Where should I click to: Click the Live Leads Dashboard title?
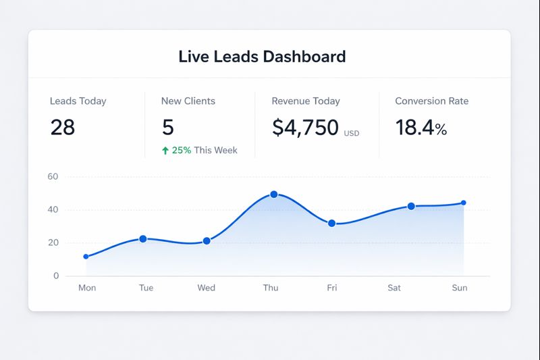(x=262, y=56)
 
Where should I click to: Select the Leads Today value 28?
(x=63, y=127)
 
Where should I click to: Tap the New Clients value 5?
(x=168, y=127)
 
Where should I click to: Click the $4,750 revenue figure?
(x=305, y=127)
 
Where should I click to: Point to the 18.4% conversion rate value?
(x=421, y=127)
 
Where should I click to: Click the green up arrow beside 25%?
(x=165, y=151)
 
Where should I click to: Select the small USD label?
(x=352, y=134)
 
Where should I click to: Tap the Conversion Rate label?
(x=431, y=101)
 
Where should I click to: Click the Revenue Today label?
(x=305, y=101)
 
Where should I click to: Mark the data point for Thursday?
(x=273, y=195)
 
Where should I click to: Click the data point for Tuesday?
(x=143, y=239)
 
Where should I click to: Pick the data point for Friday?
(x=331, y=224)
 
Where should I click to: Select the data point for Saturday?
(x=411, y=207)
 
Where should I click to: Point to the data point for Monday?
(x=86, y=257)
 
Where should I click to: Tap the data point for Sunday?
(x=463, y=203)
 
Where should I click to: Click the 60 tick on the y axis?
(x=53, y=177)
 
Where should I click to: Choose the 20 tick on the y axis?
(x=53, y=243)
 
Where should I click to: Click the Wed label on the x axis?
(x=206, y=288)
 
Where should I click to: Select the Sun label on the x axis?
(x=459, y=288)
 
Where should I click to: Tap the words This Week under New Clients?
(x=215, y=151)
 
